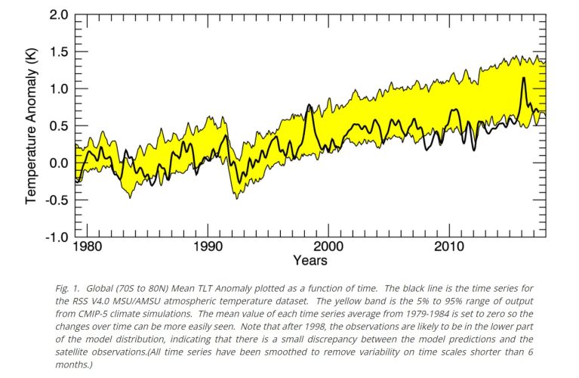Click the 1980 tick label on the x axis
tap(87, 248)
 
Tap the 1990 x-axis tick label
tap(207, 248)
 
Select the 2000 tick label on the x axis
tap(328, 248)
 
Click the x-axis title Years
tap(310, 261)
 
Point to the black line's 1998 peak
tap(310, 105)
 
